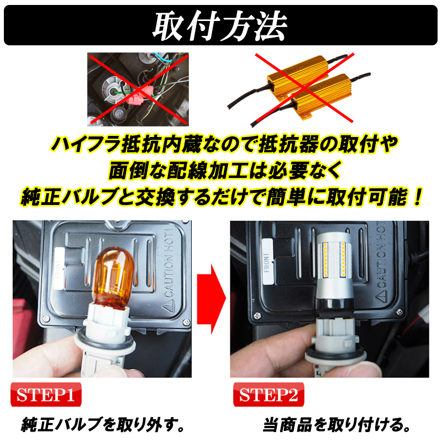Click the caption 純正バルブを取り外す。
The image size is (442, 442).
(x=102, y=425)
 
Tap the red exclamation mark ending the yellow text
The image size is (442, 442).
(x=415, y=197)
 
